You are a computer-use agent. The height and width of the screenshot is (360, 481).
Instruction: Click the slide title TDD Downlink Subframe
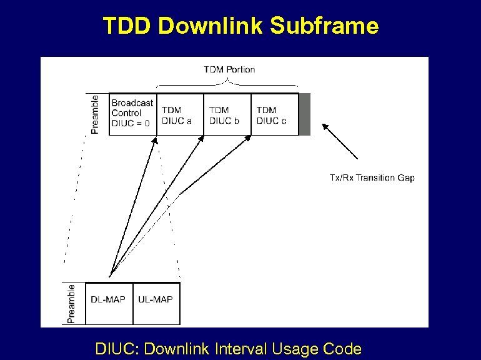point(241,26)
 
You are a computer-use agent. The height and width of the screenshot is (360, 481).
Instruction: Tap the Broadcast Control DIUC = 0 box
point(132,114)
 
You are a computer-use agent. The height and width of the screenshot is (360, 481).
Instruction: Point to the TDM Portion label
point(229,69)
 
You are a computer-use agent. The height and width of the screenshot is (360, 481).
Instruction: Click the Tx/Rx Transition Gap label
point(372,178)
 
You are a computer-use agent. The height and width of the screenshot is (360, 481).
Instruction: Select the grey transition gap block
point(304,114)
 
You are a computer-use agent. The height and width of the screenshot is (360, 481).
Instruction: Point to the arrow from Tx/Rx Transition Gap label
point(340,141)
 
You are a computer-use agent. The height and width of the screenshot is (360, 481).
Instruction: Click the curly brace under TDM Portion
point(227,84)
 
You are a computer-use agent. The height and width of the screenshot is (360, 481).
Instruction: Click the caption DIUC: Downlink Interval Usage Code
point(228,348)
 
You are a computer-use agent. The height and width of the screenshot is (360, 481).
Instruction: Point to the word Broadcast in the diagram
point(132,103)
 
